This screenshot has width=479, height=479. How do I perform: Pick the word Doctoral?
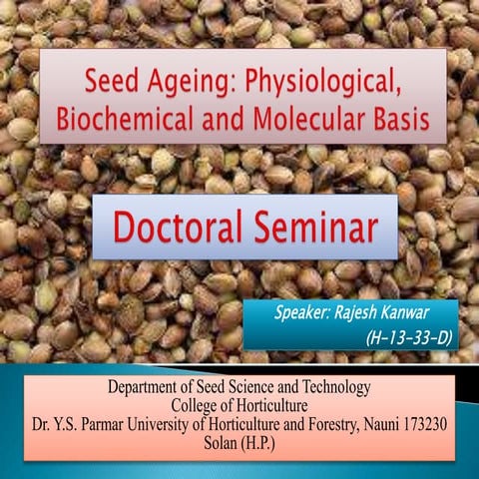[183, 227]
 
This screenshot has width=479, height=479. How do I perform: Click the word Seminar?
[319, 227]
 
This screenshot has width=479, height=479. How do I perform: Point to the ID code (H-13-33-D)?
[410, 338]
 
